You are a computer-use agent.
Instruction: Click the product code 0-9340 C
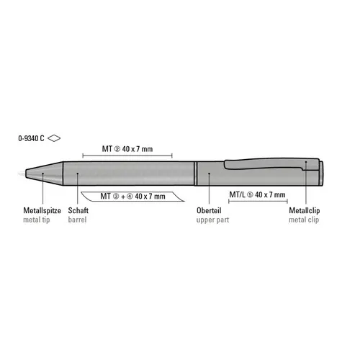(31, 137)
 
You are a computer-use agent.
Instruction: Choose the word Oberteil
(209, 210)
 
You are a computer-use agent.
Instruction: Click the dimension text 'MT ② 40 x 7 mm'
(127, 149)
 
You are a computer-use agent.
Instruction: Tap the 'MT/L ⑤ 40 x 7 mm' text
(257, 195)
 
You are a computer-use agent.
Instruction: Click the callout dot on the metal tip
(42, 173)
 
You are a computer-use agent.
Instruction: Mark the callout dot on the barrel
(76, 173)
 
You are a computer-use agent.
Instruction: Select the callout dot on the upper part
(208, 173)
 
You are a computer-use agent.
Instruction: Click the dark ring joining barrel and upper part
(197, 173)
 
